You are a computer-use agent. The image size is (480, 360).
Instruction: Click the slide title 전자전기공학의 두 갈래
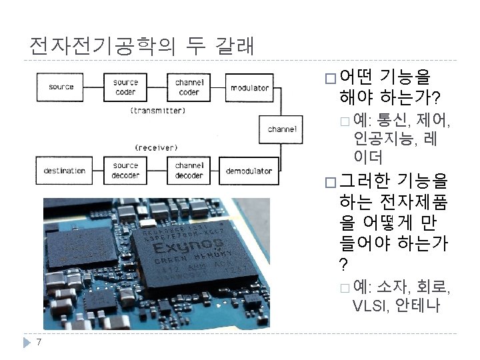[141, 45]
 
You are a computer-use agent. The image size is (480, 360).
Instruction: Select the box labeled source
[61, 87]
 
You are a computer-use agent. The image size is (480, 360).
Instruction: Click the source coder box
[125, 87]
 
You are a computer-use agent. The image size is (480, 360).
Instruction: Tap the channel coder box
[189, 87]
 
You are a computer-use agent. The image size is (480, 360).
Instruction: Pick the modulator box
[249, 87]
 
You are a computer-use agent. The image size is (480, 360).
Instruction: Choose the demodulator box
[249, 171]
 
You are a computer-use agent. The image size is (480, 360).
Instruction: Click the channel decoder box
[189, 171]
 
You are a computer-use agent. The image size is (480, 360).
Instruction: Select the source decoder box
[125, 171]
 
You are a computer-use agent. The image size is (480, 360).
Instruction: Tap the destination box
[65, 171]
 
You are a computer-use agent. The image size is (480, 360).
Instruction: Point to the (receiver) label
[156, 147]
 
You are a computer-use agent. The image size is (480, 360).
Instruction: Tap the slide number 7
[39, 343]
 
